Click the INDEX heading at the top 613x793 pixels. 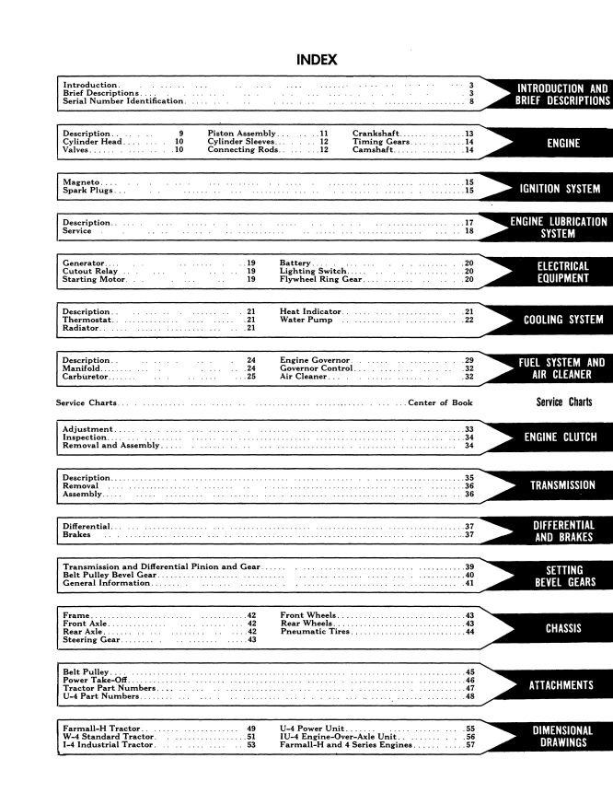pyautogui.click(x=317, y=60)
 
